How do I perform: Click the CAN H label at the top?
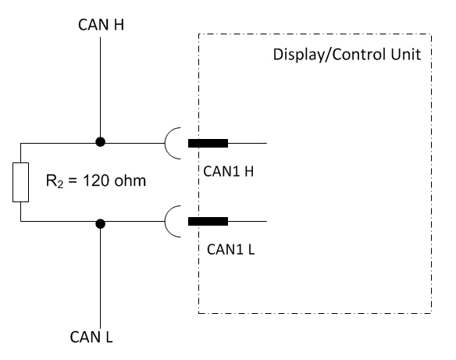pyautogui.click(x=102, y=24)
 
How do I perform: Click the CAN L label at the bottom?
pyautogui.click(x=91, y=337)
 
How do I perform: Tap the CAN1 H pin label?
pyautogui.click(x=229, y=171)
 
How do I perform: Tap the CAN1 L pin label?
pyautogui.click(x=230, y=249)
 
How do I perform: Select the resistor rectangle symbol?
pyautogui.click(x=20, y=182)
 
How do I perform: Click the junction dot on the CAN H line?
pyautogui.click(x=100, y=142)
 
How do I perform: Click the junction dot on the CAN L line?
pyautogui.click(x=100, y=223)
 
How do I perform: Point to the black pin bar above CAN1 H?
pyautogui.click(x=208, y=143)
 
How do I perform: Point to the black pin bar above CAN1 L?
pyautogui.click(x=208, y=221)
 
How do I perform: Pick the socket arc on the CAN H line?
pyautogui.click(x=165, y=143)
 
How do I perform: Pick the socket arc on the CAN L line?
pyautogui.click(x=165, y=221)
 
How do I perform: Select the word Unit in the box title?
pyautogui.click(x=406, y=55)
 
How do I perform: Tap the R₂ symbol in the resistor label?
pyautogui.click(x=55, y=181)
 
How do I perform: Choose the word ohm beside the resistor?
pyautogui.click(x=130, y=180)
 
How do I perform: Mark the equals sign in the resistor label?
pyautogui.click(x=73, y=181)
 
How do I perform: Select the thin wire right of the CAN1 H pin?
pyautogui.click(x=248, y=143)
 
